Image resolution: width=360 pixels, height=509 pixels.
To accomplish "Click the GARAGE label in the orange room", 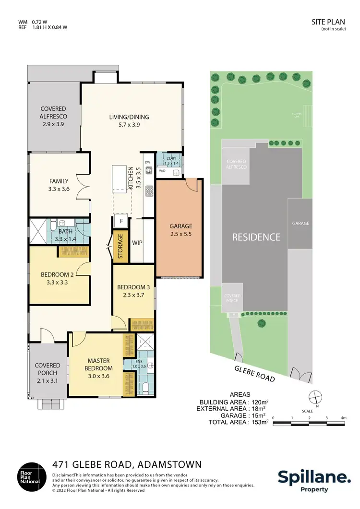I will point(180,226).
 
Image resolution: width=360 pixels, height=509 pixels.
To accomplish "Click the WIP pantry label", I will point(137,243).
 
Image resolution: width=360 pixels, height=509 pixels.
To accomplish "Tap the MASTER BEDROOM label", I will point(100,364).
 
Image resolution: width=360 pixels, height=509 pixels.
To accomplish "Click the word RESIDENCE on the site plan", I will point(256,237).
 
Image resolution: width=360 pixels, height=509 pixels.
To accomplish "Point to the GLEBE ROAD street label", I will point(254,373).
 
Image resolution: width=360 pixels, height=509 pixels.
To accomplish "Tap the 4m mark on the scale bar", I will point(343,418).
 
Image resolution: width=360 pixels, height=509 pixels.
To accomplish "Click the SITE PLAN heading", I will point(332,23).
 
